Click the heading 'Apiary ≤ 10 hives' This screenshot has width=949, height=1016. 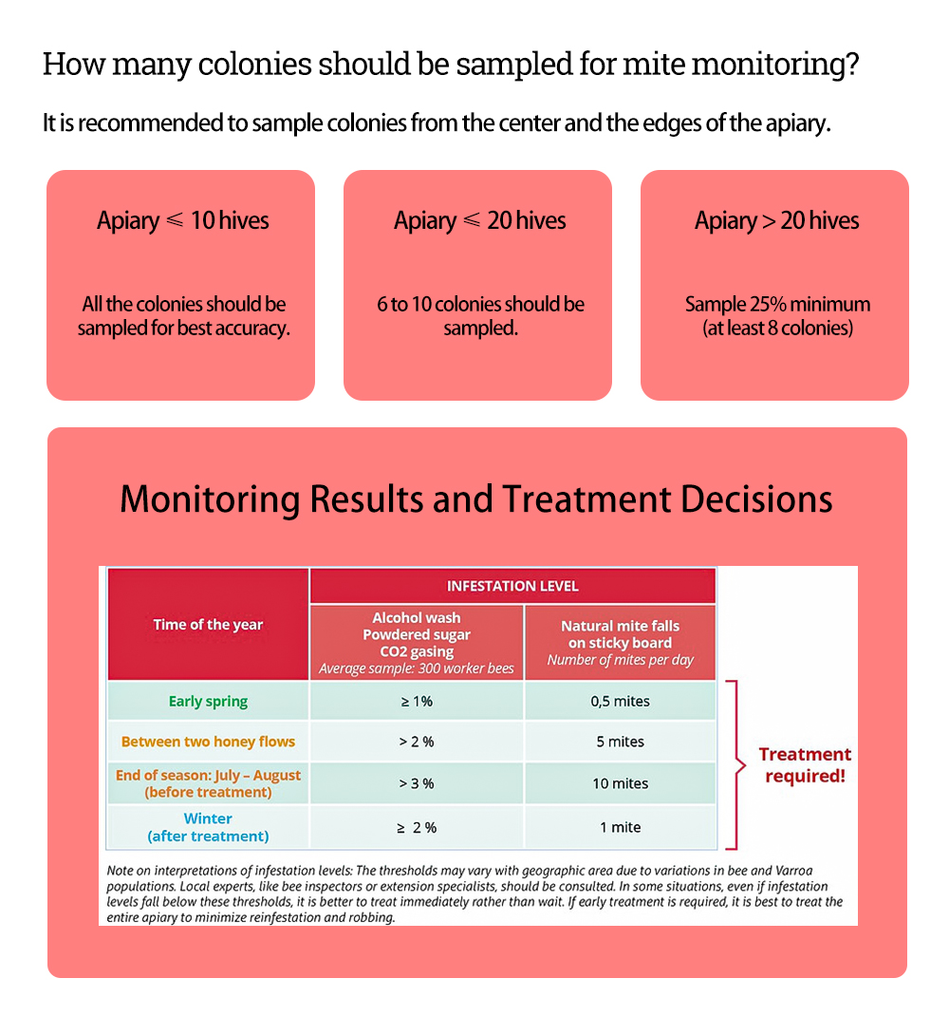[182, 221]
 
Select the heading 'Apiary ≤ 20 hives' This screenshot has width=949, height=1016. [479, 221]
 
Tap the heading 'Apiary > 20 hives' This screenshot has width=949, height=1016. [776, 221]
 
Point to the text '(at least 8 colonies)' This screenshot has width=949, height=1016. [777, 329]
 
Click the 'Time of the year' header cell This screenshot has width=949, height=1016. [208, 625]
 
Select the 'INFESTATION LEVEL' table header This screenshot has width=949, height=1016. [512, 586]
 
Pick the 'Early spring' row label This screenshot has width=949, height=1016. [208, 702]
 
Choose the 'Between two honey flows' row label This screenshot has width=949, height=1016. [208, 742]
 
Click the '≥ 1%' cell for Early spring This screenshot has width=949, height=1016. [416, 702]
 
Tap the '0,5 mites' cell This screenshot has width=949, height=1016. [620, 702]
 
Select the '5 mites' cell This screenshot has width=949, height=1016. [620, 742]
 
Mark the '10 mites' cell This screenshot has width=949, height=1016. [620, 783]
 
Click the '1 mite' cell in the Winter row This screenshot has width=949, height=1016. [620, 827]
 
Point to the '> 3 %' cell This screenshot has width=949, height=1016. [416, 783]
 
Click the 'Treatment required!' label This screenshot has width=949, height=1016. [805, 764]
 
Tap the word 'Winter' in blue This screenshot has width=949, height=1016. [208, 818]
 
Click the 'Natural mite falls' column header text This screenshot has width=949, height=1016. [620, 626]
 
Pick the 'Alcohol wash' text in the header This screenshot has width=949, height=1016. [416, 618]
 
